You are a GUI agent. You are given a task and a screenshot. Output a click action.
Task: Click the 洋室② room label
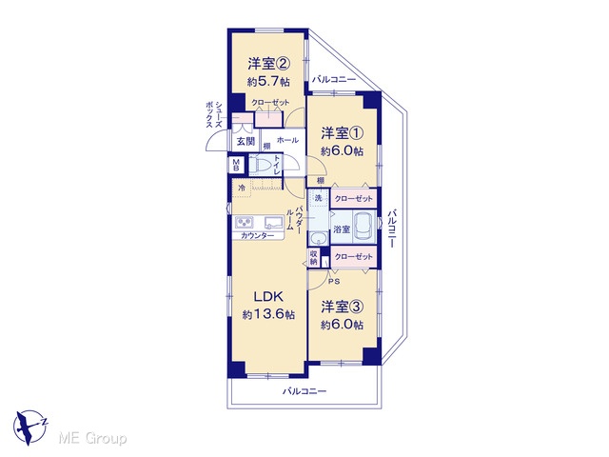coord(269,64)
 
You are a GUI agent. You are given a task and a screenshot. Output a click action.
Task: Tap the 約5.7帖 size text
coord(269,82)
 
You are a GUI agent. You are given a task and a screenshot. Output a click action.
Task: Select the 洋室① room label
coord(343,133)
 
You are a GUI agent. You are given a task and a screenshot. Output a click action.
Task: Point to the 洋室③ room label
coord(343,307)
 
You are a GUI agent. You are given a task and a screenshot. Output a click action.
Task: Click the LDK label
coord(268,296)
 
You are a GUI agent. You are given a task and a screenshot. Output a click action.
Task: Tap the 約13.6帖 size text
coord(268,314)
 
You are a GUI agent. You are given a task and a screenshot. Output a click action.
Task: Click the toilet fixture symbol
coord(261,165)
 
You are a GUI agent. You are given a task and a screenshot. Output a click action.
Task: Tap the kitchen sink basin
coord(273,223)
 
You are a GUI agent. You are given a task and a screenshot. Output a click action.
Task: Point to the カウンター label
coord(257,235)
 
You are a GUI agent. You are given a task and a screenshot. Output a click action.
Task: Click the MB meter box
coord(236,165)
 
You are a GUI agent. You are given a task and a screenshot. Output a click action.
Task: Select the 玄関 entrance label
coord(246,142)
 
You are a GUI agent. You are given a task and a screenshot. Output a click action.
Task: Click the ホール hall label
coord(287,140)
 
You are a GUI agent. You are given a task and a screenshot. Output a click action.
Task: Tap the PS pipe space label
coord(334,282)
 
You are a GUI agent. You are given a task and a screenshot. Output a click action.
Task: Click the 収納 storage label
coord(314,258)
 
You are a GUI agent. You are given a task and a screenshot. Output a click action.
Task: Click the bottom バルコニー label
coord(304,391)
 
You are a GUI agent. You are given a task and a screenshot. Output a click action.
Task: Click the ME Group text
coord(92,439)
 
